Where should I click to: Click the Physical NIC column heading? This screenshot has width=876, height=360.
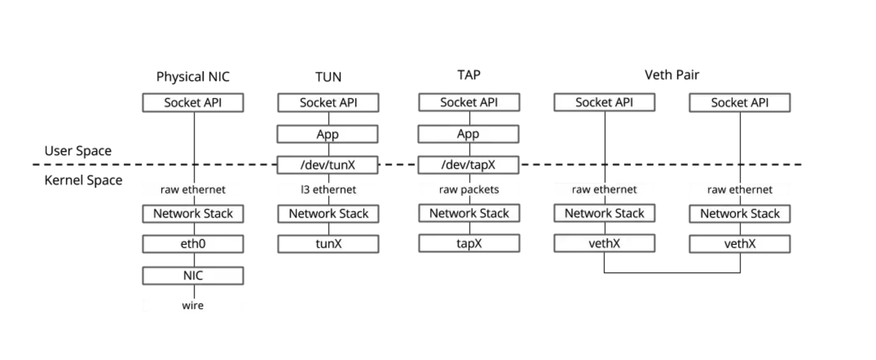pos(193,77)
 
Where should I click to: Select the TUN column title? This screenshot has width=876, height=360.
pos(328,77)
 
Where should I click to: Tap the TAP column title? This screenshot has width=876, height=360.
pos(468,75)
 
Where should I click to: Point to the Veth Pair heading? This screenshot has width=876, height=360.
pos(672,75)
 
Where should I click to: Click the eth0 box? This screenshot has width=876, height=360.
pos(193,244)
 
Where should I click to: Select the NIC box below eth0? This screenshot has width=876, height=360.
pos(193,275)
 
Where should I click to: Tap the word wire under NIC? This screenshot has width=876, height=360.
pos(193,305)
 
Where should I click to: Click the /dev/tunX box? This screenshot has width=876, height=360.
pos(328,165)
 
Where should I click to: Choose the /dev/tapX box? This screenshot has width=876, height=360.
pos(468,165)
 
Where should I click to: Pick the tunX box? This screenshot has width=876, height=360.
pos(328,244)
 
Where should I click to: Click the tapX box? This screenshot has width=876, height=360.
pos(468,243)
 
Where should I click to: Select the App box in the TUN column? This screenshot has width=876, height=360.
pos(328,134)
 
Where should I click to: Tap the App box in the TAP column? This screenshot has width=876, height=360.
pos(468,134)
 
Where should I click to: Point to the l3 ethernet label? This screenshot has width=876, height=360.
pos(328,190)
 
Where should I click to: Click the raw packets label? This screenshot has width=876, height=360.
pos(468,190)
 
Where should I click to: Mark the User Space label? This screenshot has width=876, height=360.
pos(78,151)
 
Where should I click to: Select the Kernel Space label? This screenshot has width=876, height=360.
pos(83,181)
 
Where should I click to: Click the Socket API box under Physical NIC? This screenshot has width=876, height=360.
pos(193,103)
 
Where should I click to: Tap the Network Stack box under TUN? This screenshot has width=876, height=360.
pos(328,213)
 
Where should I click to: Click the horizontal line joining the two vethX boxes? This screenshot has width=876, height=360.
pos(672,273)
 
